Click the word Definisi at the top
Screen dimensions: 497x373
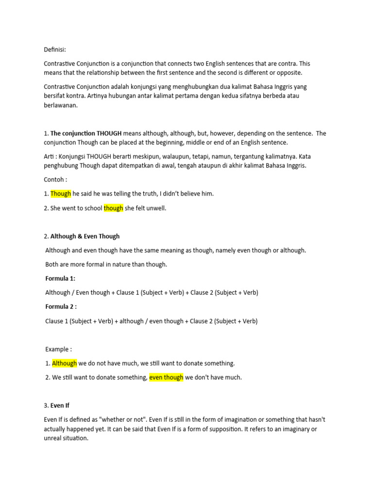tap(54, 50)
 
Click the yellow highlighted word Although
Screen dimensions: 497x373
tap(64, 363)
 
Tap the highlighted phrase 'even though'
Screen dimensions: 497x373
tap(166, 377)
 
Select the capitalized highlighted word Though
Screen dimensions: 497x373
tap(61, 194)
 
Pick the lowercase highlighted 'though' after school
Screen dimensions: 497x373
tap(113, 208)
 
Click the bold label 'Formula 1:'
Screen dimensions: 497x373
tap(60, 279)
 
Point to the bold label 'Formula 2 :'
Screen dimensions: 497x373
tap(61, 307)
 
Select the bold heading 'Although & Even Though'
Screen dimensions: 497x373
tap(85, 236)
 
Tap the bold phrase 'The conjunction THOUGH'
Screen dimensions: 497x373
tap(86, 133)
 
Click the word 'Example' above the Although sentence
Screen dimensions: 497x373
tap(57, 349)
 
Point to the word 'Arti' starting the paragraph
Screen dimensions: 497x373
tap(50, 156)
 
